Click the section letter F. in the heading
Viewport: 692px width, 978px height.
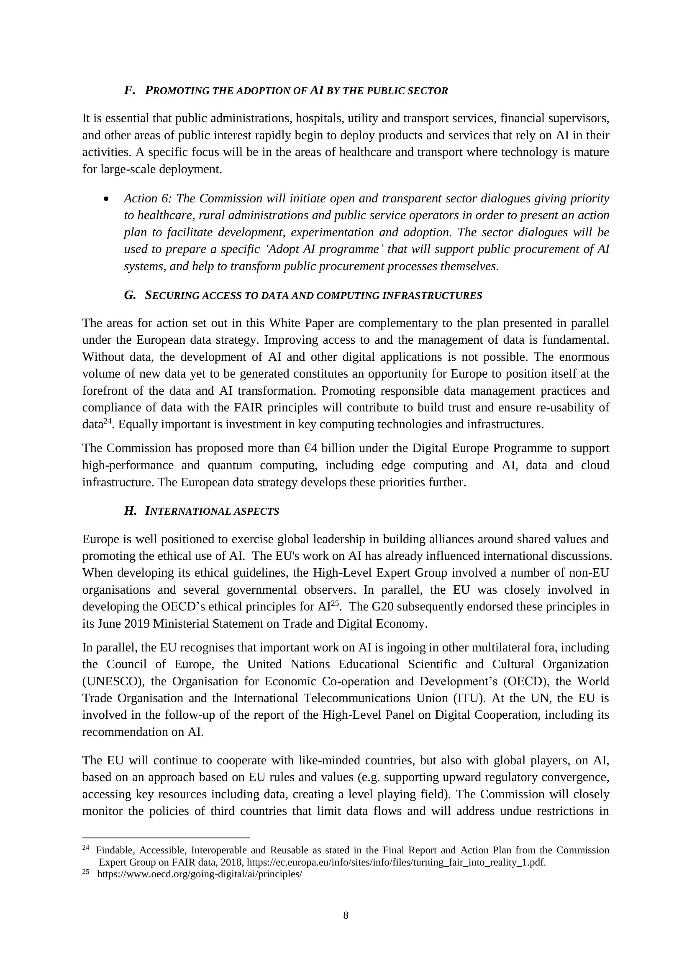(x=130, y=90)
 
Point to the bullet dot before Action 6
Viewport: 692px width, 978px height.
(x=106, y=199)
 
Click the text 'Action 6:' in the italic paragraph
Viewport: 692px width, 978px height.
(x=148, y=199)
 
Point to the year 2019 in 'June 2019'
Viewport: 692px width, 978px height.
(x=137, y=623)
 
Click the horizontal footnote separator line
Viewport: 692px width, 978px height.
(x=166, y=838)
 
